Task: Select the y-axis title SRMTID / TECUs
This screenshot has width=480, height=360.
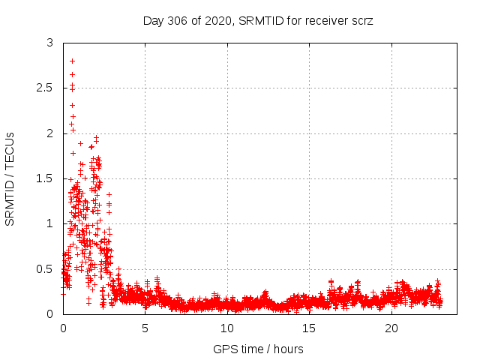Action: (x=10, y=178)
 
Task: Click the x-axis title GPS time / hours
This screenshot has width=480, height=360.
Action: (x=259, y=349)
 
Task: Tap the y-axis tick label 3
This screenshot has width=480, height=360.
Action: (x=49, y=43)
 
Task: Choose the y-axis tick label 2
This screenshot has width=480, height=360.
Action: (x=49, y=133)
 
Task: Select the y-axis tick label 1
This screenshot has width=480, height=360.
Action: (x=49, y=223)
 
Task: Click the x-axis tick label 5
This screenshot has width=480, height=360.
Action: (x=145, y=328)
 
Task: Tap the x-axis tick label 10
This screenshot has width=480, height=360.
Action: (x=227, y=328)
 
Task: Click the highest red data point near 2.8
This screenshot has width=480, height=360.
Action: (x=72, y=61)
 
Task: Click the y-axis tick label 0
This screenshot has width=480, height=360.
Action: (x=49, y=314)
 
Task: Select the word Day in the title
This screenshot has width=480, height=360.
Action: (x=153, y=21)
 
